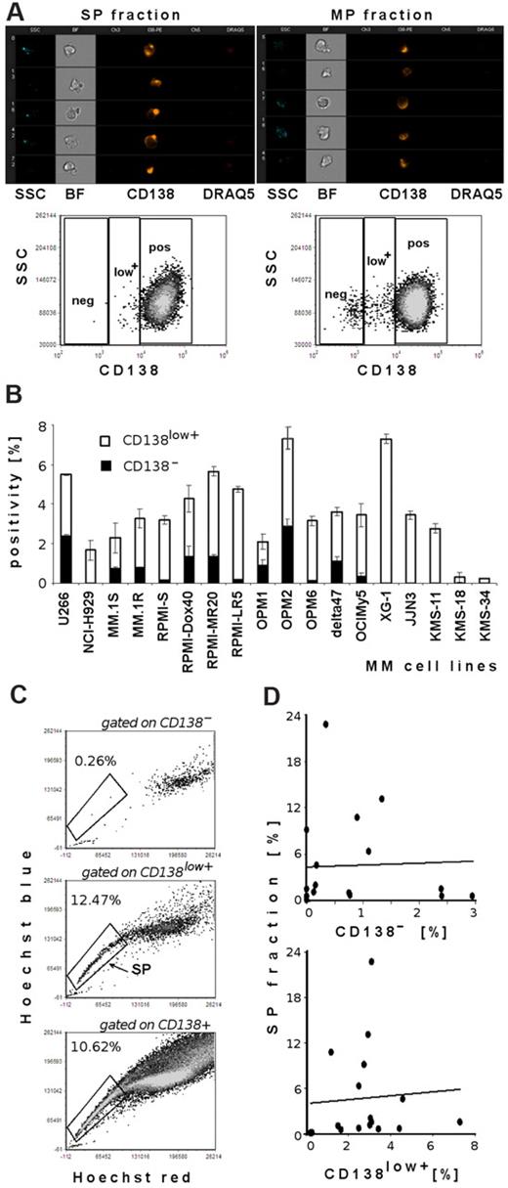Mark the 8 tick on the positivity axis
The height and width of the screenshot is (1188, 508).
pyautogui.click(x=41, y=426)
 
